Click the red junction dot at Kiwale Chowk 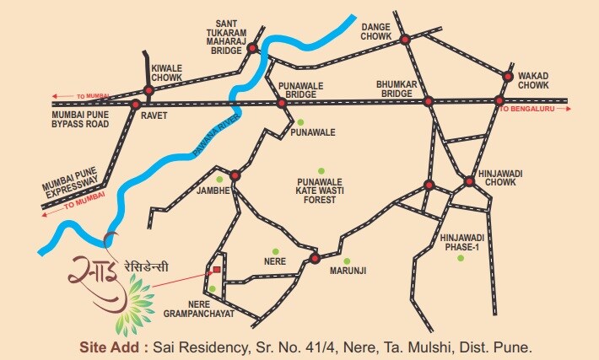coord(148,90)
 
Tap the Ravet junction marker coord(135,105)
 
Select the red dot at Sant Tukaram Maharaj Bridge coord(251,50)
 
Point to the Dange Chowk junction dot coord(405,39)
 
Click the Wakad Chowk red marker coord(508,76)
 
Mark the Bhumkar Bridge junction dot coord(428,101)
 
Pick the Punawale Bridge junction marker coord(282,103)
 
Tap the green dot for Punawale coord(299,122)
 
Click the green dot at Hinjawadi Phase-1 coord(461,258)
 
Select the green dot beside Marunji coord(346,260)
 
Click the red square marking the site coord(217,270)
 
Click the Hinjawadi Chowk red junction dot coord(469,180)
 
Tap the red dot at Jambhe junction coord(235,176)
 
